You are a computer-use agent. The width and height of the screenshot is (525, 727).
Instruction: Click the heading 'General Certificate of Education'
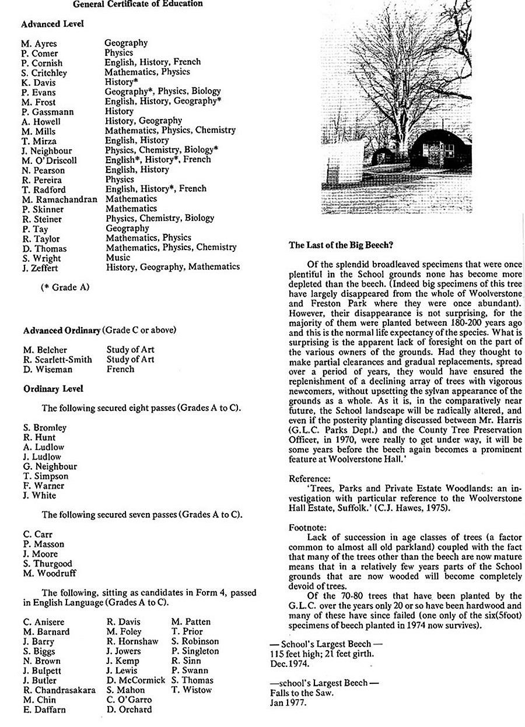138,4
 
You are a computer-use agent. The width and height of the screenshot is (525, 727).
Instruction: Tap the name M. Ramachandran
60,199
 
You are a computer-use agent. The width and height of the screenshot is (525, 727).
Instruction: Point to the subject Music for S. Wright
118,257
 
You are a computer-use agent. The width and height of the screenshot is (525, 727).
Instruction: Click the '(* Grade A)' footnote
65,287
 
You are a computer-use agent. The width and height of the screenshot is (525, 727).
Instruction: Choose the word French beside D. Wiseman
120,369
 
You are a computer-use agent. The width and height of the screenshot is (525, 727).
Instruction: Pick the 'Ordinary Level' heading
53,388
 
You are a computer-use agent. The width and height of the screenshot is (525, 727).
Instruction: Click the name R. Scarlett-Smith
58,360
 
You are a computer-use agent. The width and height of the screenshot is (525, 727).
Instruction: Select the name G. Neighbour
50,466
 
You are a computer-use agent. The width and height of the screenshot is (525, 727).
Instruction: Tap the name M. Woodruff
50,573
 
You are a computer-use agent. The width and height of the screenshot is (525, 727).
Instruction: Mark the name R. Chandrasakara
59,690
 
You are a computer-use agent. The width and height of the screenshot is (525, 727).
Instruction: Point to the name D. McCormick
135,680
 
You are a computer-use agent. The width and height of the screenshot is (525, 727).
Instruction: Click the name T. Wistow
192,690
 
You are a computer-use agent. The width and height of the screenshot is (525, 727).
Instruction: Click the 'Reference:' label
309,479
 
